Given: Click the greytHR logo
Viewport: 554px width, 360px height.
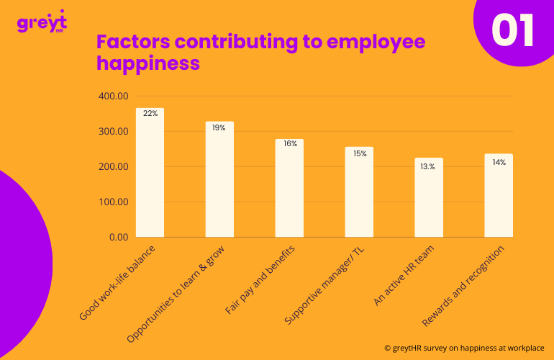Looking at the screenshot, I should pyautogui.click(x=40, y=22).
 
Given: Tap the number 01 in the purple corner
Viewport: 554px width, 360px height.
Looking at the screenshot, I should pyautogui.click(x=513, y=30).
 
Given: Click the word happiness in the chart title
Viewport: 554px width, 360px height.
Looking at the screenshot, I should pyautogui.click(x=147, y=63).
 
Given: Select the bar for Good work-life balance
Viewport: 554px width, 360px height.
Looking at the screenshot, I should pyautogui.click(x=150, y=173).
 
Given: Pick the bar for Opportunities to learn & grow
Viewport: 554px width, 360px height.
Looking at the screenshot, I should pyautogui.click(x=219, y=179).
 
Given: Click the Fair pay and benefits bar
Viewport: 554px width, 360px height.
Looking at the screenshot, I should pyautogui.click(x=289, y=188).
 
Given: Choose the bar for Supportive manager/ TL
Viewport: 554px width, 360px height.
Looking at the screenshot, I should pyautogui.click(x=359, y=192).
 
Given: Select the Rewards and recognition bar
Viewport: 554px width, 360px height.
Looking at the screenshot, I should pyautogui.click(x=499, y=195).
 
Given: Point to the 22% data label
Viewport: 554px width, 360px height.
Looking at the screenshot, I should pyautogui.click(x=150, y=114).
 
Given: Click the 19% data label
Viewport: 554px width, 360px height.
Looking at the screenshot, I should pyautogui.click(x=219, y=127).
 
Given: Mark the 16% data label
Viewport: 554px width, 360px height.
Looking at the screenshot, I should pyautogui.click(x=290, y=144).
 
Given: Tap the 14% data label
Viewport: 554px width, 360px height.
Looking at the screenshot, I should pyautogui.click(x=499, y=163).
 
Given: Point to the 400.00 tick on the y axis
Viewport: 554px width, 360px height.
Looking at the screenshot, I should pyautogui.click(x=113, y=96).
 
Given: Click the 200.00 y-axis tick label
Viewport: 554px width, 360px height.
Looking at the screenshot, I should pyautogui.click(x=113, y=167).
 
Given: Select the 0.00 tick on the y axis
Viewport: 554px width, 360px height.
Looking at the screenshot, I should pyautogui.click(x=117, y=237).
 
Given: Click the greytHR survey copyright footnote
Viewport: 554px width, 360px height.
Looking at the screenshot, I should pyautogui.click(x=464, y=346).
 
